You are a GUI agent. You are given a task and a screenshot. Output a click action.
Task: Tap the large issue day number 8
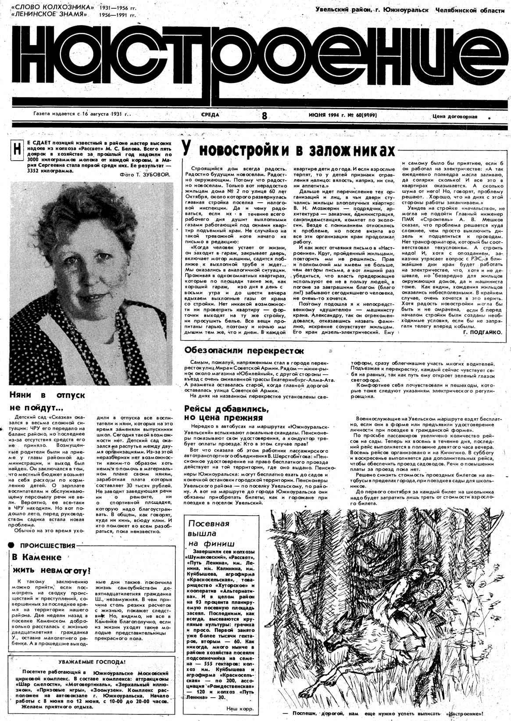click(x=264, y=116)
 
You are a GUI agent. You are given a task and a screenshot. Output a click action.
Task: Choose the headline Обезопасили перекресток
click(x=244, y=351)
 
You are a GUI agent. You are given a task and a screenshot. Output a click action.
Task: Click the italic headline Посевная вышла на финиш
click(x=210, y=533)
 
